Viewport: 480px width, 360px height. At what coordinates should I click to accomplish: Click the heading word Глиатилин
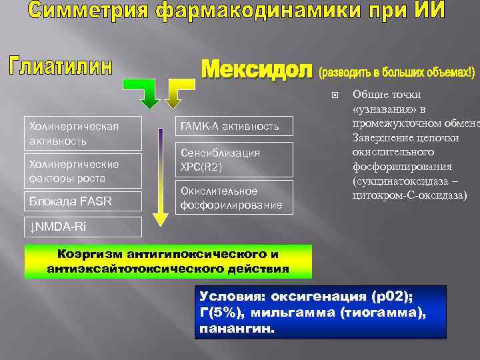(x=60, y=67)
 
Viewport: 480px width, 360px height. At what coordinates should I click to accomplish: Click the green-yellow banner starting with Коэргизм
(x=168, y=261)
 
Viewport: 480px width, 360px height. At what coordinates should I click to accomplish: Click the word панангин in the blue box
(x=236, y=329)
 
